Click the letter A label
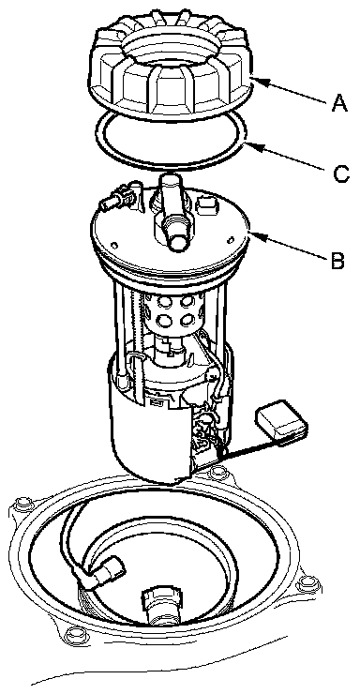tap(339, 104)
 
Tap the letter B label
tap(337, 261)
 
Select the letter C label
tap(341, 173)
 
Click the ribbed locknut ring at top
tap(172, 65)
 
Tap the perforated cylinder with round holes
tap(172, 316)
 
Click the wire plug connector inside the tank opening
tap(106, 573)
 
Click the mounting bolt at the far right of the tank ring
tap(307, 584)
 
